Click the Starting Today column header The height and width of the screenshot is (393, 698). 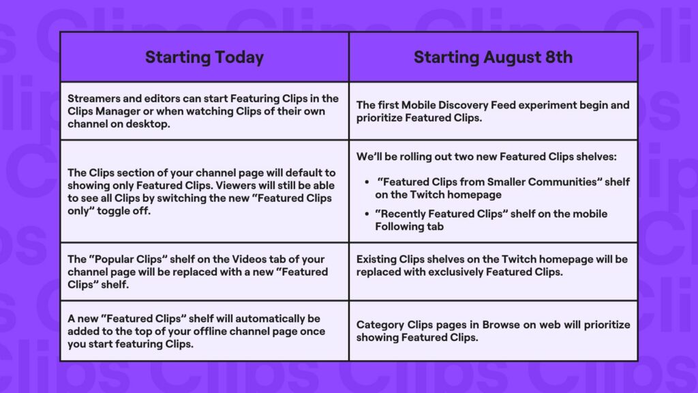click(x=204, y=57)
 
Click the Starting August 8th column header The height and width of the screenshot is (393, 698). click(x=493, y=57)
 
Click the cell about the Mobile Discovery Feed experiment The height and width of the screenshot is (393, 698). click(x=493, y=111)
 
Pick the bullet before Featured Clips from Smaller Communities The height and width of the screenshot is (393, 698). click(x=367, y=182)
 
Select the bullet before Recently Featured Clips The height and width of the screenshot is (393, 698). click(x=367, y=214)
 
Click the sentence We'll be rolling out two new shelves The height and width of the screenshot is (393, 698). click(x=485, y=157)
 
